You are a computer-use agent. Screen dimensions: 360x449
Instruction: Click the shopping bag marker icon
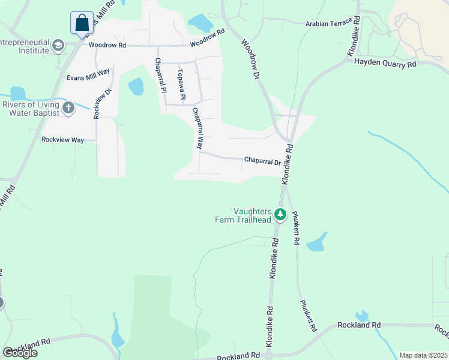tap(82, 23)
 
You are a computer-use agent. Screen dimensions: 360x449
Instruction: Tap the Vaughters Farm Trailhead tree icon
tap(279, 214)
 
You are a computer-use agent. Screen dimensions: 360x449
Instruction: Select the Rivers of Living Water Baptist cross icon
tap(68, 109)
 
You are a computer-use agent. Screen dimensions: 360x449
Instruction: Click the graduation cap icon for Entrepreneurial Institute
tap(58, 46)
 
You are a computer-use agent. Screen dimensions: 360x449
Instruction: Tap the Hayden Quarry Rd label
tap(385, 62)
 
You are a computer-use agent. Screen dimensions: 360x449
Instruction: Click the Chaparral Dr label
tap(262, 161)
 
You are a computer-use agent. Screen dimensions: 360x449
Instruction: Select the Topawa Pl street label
tap(182, 84)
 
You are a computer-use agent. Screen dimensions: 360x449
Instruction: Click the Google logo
tap(20, 352)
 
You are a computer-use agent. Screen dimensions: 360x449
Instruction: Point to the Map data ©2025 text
tap(423, 355)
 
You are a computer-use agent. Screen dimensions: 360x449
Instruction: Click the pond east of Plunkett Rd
tap(317, 242)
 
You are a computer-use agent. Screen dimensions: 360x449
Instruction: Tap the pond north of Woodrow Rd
tap(200, 23)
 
